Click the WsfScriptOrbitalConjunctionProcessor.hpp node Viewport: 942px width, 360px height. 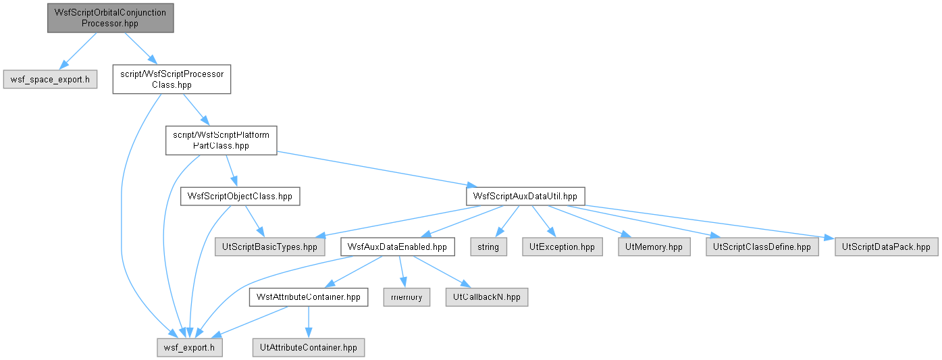(x=110, y=18)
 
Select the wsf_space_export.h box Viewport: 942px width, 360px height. (x=50, y=79)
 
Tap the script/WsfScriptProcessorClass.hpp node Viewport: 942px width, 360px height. (x=172, y=79)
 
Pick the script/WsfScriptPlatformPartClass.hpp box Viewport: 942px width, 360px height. (x=221, y=140)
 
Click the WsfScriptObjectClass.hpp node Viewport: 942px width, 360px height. (x=240, y=197)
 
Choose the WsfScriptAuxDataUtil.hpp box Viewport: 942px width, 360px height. (x=525, y=197)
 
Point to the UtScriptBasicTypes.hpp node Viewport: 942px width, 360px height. (x=269, y=247)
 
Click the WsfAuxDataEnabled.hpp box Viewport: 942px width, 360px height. (x=398, y=247)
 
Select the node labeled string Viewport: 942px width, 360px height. (x=488, y=247)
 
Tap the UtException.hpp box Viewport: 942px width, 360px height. (x=562, y=247)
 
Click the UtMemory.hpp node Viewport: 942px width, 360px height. (x=654, y=247)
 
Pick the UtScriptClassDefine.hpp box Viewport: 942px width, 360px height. (x=762, y=247)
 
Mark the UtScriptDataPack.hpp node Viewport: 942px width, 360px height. (x=886, y=247)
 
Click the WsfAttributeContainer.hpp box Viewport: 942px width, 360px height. (x=308, y=297)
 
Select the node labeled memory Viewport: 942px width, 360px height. (x=407, y=297)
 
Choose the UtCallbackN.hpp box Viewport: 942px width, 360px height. (x=487, y=297)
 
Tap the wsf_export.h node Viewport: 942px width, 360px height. (x=189, y=348)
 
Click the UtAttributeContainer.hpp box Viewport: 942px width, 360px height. (x=308, y=348)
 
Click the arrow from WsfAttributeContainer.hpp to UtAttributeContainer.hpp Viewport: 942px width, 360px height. (x=308, y=322)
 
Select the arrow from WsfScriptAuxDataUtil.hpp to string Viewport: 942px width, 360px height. (x=507, y=222)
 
